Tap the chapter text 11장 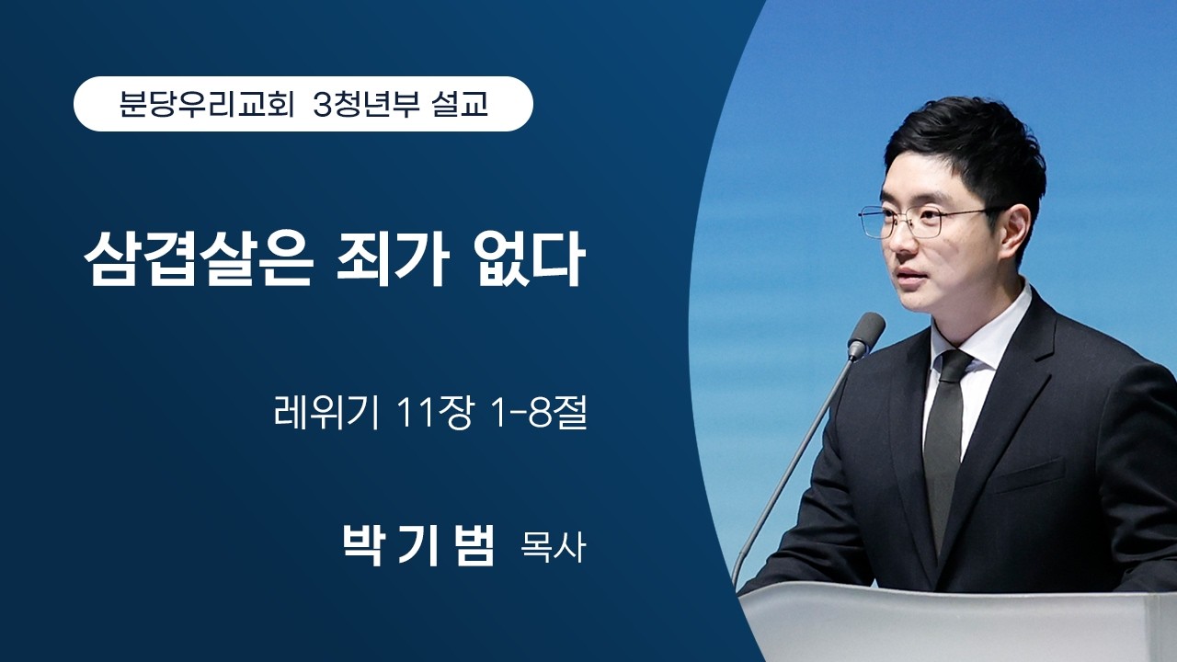(x=431, y=415)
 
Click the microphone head (x=865, y=334)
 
